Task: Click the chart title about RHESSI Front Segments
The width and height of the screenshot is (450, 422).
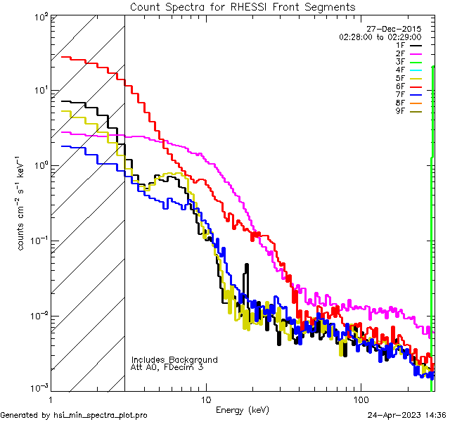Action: (243, 6)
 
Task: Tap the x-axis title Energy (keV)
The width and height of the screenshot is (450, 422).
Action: (242, 410)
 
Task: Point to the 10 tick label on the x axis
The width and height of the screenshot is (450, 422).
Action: (205, 398)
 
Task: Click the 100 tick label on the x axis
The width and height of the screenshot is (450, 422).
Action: (360, 398)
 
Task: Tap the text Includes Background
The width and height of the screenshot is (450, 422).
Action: (174, 359)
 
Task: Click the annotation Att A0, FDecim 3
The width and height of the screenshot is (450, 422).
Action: (167, 367)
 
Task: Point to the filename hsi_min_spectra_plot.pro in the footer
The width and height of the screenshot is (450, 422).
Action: (101, 415)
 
